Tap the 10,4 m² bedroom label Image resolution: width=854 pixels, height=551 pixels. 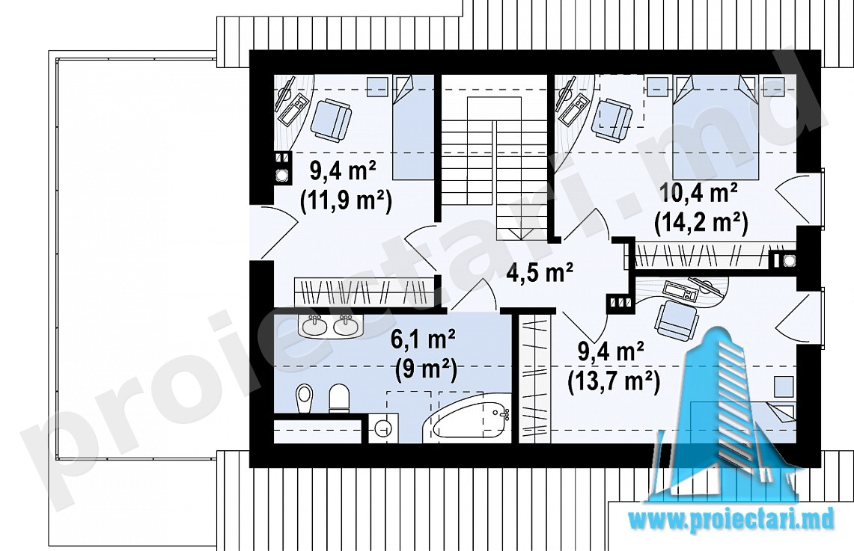click(x=699, y=193)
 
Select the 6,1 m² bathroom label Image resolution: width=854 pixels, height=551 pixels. click(x=423, y=340)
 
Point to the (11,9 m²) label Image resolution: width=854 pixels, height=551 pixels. click(x=346, y=200)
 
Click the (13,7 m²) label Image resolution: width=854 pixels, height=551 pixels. click(x=614, y=381)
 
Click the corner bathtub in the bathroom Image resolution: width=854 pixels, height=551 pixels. click(x=466, y=417)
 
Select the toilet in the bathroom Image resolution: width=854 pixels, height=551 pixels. click(x=339, y=398)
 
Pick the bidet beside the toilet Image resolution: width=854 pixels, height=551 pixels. click(x=305, y=398)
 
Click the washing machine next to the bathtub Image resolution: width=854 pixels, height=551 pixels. click(x=383, y=428)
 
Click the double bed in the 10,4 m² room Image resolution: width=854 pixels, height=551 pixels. click(x=715, y=127)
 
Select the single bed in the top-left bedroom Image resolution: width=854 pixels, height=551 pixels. click(x=412, y=127)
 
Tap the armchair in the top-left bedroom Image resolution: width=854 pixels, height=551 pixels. click(x=331, y=119)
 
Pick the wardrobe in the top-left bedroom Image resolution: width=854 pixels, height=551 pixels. click(x=363, y=291)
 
